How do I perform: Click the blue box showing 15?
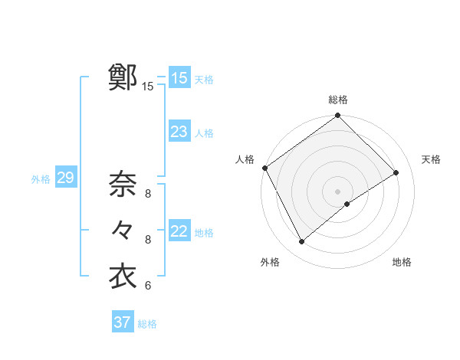click(179, 78)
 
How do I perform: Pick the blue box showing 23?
click(179, 132)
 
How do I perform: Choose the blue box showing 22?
click(179, 231)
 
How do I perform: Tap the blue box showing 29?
click(65, 178)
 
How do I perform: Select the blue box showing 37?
click(122, 322)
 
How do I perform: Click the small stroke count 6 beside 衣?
click(148, 286)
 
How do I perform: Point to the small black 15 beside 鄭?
click(147, 87)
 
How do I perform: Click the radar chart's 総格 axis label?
click(338, 100)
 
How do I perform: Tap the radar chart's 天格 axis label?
click(431, 159)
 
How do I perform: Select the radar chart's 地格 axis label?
click(402, 263)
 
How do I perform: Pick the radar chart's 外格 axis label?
click(270, 263)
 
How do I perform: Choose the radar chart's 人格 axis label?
click(245, 159)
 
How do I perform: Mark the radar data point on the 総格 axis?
click(337, 116)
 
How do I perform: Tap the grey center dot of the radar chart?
click(337, 191)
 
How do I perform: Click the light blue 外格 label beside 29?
click(41, 179)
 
